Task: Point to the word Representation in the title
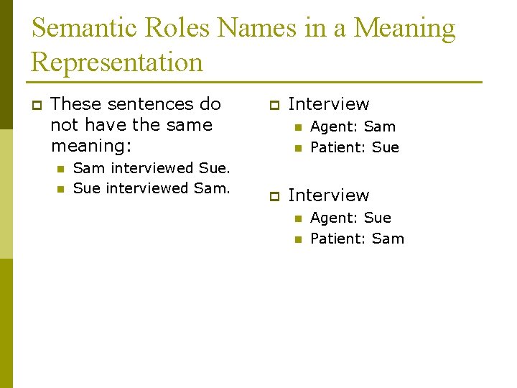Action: point(117,63)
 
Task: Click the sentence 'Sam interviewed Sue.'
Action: point(152,168)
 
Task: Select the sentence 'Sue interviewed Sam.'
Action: point(152,189)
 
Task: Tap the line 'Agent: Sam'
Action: point(353,126)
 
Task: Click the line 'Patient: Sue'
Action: point(355,147)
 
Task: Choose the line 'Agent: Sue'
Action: point(350,218)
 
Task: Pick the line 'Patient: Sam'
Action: point(357,239)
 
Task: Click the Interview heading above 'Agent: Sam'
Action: point(328,105)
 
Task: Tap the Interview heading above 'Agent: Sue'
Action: point(328,195)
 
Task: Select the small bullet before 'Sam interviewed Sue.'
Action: point(60,169)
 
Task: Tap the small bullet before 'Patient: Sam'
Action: point(297,239)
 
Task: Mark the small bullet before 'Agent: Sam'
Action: point(297,127)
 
